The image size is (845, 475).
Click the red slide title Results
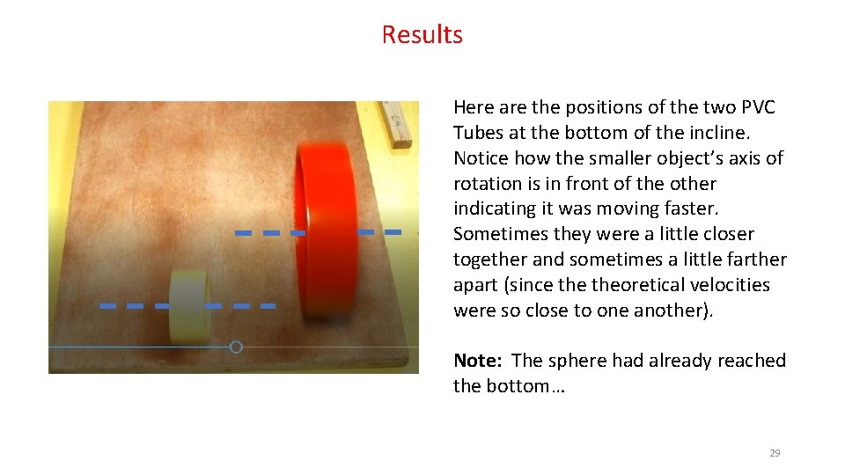[x=422, y=34]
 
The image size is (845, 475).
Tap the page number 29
[x=775, y=453]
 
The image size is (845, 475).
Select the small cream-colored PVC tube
[x=188, y=306]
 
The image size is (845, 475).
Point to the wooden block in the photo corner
[x=395, y=124]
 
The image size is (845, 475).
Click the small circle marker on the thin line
[x=236, y=347]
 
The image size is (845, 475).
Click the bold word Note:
[x=479, y=361]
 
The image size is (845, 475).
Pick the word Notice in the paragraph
[x=480, y=158]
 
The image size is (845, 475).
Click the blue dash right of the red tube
[x=393, y=231]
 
